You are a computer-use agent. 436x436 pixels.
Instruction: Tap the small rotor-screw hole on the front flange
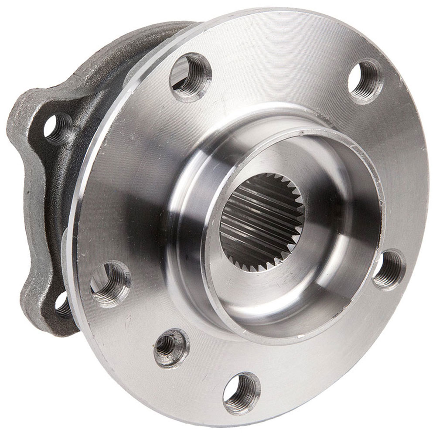(170, 347)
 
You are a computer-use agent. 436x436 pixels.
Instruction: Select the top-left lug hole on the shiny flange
(191, 77)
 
